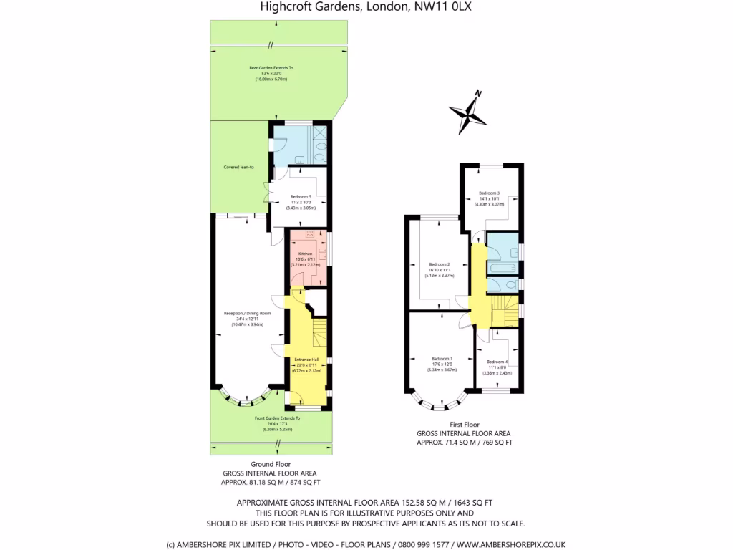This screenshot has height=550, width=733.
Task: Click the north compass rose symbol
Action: pos(467,111)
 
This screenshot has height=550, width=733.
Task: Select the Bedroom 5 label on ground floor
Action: pos(300,196)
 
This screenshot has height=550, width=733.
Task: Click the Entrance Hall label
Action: pos(306,360)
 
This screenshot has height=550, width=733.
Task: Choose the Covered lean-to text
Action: pos(229,167)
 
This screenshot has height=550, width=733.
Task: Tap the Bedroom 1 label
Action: pos(442,359)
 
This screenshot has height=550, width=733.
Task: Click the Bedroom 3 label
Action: pos(489,193)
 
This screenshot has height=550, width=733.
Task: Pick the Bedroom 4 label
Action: pos(497,362)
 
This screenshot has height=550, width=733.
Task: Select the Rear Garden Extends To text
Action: pos(271,67)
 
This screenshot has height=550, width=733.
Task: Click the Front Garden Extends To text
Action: pos(277,418)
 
